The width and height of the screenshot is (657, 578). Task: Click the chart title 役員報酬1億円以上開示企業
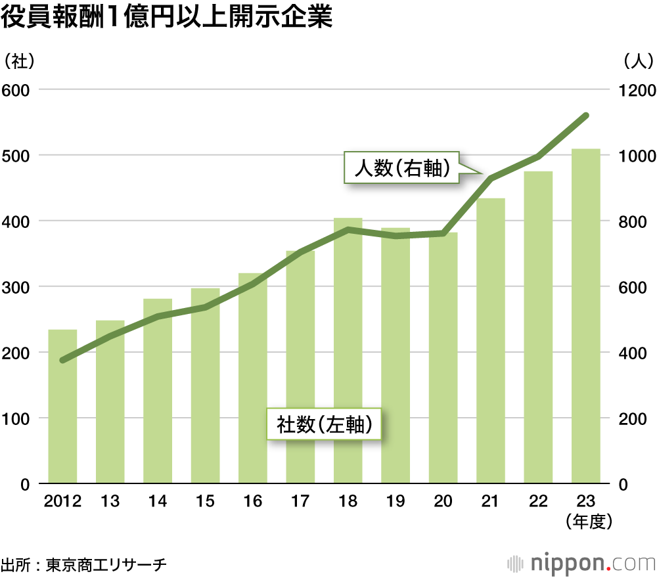click(x=167, y=18)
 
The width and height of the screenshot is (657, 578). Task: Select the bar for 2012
click(x=62, y=407)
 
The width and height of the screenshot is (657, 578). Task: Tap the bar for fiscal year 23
click(x=585, y=315)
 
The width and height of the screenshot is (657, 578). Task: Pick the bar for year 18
click(x=348, y=351)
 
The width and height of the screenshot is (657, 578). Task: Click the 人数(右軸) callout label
click(x=401, y=168)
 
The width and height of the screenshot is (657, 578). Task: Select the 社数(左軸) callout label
click(x=325, y=425)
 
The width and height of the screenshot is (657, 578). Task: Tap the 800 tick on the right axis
click(x=635, y=221)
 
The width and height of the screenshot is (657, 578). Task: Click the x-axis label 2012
click(x=62, y=502)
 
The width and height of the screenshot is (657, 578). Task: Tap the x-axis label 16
click(x=252, y=502)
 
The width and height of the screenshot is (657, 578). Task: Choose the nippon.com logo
click(x=581, y=563)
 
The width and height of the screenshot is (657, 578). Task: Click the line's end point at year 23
click(x=585, y=116)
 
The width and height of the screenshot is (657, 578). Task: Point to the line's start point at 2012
click(x=62, y=360)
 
